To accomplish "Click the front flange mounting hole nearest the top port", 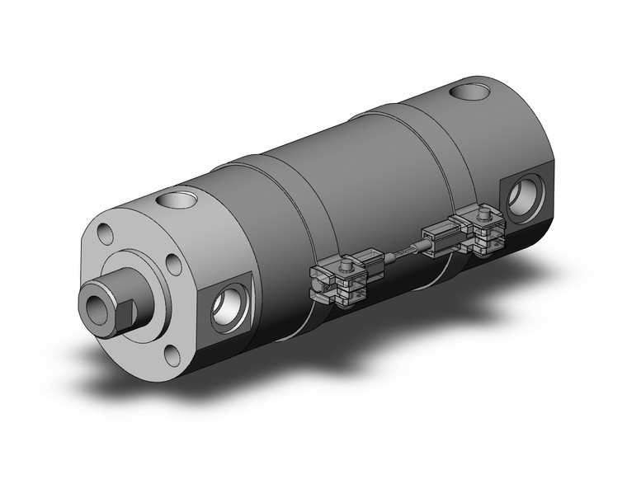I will [174, 265].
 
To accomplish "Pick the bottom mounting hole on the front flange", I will [171, 355].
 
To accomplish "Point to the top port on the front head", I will [176, 199].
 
